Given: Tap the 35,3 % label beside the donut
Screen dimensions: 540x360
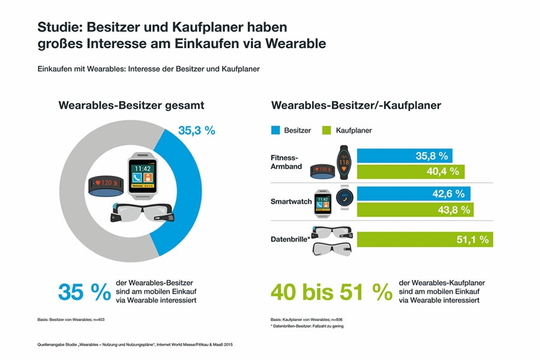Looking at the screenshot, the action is [197, 131].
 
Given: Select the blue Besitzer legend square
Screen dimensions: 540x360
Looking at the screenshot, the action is [275, 130].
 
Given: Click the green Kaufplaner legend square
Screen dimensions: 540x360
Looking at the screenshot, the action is [326, 130].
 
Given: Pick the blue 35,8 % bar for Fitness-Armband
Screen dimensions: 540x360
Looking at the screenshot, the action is [404, 156].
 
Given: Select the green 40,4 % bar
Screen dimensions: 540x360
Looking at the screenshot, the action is [410, 172].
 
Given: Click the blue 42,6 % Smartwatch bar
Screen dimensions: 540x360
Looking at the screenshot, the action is [413, 194].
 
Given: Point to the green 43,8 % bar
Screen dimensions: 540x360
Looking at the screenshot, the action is [415, 209].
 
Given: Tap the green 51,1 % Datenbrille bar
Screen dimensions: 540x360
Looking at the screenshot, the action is [425, 239].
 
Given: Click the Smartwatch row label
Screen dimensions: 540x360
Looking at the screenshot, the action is [291, 202].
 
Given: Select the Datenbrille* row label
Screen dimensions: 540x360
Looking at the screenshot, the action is [290, 239].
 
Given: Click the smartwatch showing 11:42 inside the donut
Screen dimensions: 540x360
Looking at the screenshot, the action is [143, 176].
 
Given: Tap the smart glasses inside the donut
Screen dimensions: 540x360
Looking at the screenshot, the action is [143, 212].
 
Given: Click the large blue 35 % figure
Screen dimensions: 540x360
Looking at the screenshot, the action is [85, 292].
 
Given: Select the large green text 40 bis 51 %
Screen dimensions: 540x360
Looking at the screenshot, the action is [331, 292].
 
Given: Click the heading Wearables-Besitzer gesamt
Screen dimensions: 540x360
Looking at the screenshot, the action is [131, 105].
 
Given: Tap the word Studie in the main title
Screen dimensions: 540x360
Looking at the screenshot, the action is [60, 27].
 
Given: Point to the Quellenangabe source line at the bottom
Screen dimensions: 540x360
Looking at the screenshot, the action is [135, 344].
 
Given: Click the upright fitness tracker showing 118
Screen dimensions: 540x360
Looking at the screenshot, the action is [344, 162].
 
